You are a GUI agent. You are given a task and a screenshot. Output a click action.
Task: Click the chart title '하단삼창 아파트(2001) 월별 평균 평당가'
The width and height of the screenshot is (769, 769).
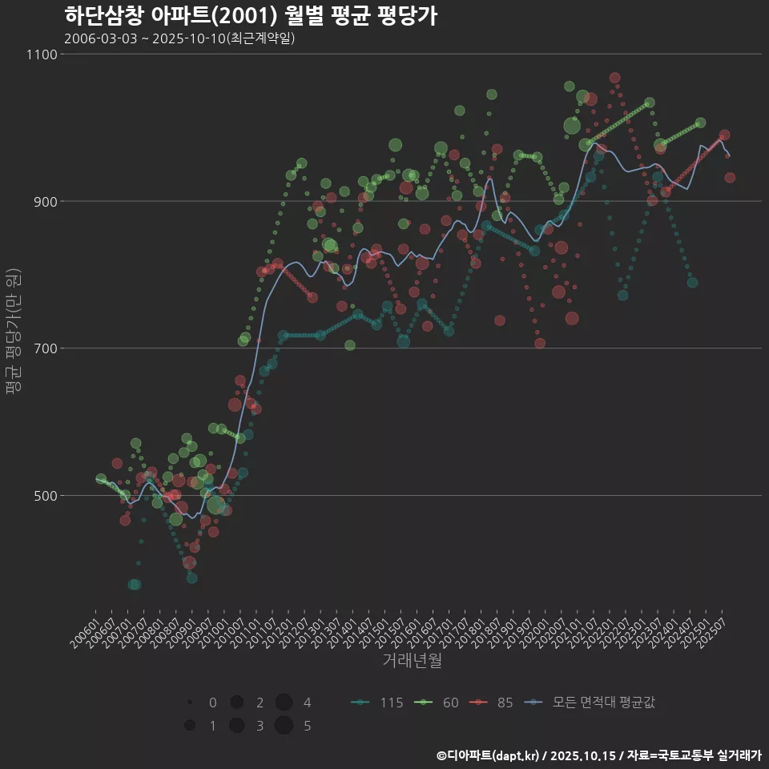pos(250,16)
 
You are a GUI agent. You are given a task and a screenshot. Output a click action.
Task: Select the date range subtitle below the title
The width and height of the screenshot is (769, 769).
pos(179,38)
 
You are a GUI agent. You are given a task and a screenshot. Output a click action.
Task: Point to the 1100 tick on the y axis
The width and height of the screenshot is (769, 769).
pos(42,54)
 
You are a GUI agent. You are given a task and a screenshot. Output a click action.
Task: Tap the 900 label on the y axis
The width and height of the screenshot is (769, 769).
pos(45,201)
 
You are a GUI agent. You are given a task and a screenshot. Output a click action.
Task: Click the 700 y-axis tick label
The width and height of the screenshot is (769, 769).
pos(45,348)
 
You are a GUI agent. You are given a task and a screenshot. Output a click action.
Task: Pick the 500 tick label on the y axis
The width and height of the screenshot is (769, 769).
pos(45,495)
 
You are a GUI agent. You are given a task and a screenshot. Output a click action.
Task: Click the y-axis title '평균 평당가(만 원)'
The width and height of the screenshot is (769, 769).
pos(13,331)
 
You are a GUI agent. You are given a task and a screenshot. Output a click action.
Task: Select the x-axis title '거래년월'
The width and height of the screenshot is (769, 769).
pos(412,660)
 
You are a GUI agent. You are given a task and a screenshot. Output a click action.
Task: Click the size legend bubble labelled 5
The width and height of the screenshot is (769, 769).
pos(283,726)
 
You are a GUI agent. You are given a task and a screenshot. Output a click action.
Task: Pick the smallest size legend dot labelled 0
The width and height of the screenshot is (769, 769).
pos(189,703)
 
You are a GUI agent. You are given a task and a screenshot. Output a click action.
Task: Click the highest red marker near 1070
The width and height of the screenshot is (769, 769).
pos(614,78)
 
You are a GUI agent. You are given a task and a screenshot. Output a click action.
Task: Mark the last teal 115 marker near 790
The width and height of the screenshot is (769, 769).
pos(692,283)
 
